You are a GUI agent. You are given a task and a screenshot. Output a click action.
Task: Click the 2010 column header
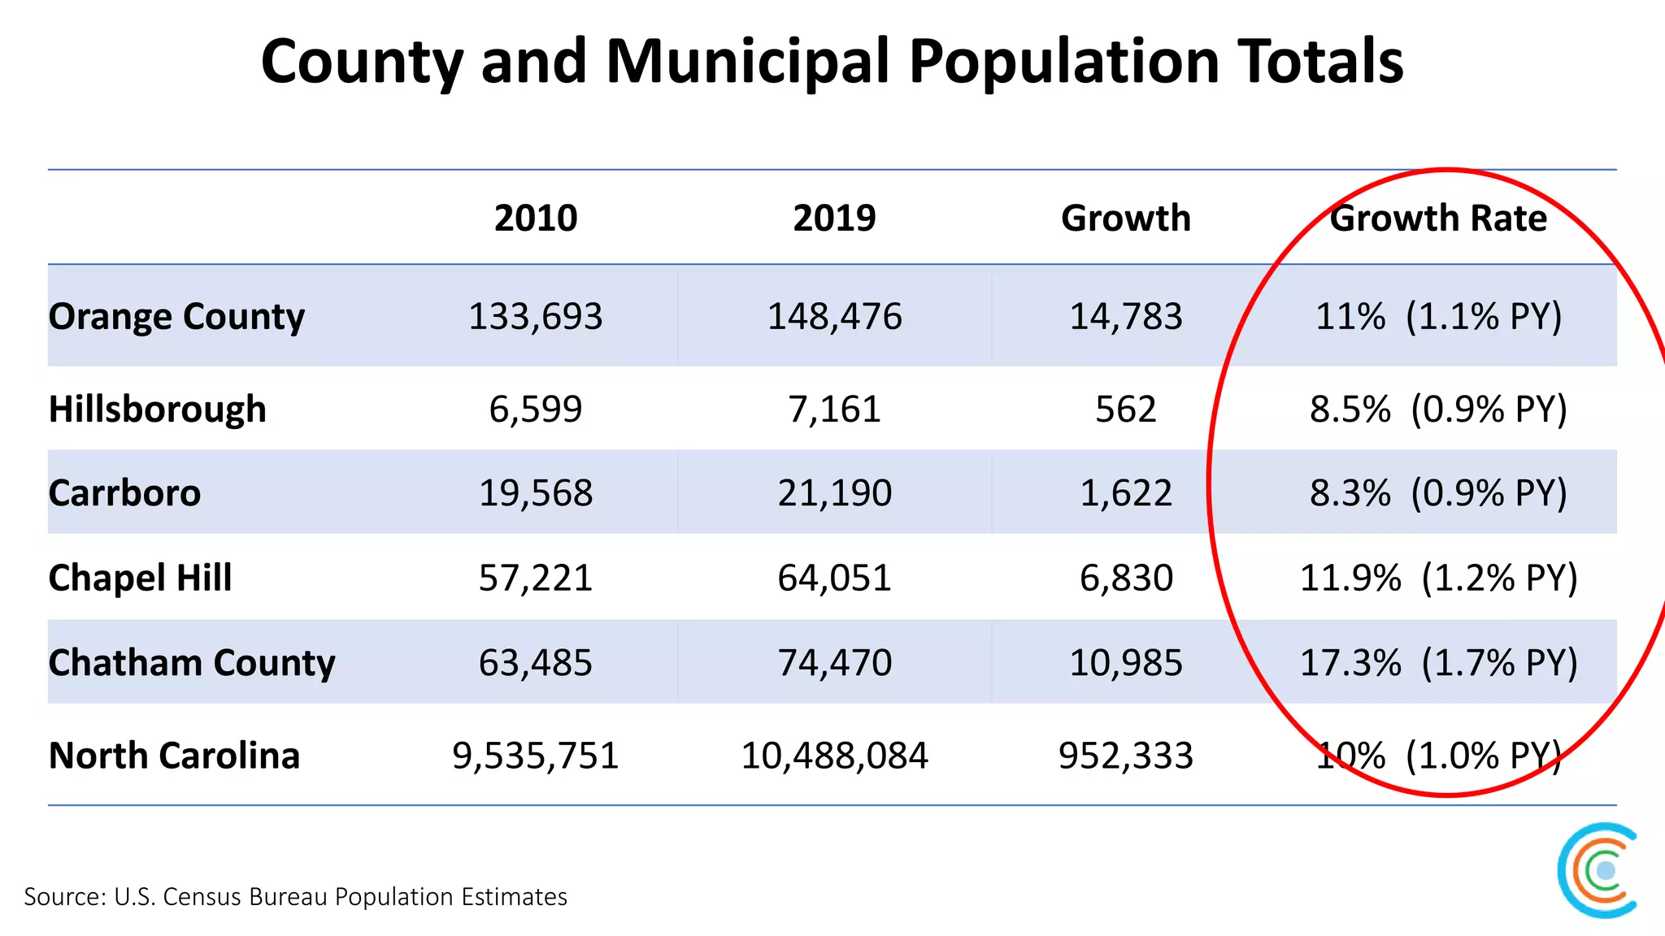point(536,218)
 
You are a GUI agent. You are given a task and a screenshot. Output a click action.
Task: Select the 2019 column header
point(834,218)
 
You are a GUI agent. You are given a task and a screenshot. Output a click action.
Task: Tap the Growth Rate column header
point(1437,218)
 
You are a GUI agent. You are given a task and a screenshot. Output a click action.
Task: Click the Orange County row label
point(176,316)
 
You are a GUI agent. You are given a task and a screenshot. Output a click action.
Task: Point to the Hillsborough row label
point(157,409)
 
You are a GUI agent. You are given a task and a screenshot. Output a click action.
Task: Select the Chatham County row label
point(191,662)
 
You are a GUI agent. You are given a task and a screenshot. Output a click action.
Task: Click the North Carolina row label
point(174,756)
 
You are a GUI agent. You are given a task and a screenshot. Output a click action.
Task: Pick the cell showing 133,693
point(536,316)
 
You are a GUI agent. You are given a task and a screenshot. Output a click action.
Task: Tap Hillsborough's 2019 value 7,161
point(834,409)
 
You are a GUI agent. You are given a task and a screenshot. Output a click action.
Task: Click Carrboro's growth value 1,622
point(1126,493)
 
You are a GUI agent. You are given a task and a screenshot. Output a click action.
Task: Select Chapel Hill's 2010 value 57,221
point(536,578)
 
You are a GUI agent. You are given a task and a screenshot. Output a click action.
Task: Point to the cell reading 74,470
point(834,662)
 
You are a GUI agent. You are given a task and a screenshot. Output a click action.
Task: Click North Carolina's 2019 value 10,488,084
point(834,756)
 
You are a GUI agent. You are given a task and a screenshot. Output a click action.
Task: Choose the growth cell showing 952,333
point(1126,756)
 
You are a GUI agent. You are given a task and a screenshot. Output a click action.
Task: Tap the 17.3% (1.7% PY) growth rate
point(1438,662)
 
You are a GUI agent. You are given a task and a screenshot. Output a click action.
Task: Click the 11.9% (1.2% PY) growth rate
point(1438,578)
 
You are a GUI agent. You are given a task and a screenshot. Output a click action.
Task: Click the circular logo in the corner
point(1598,870)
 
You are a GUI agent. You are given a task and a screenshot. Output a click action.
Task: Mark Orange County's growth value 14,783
point(1126,316)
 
